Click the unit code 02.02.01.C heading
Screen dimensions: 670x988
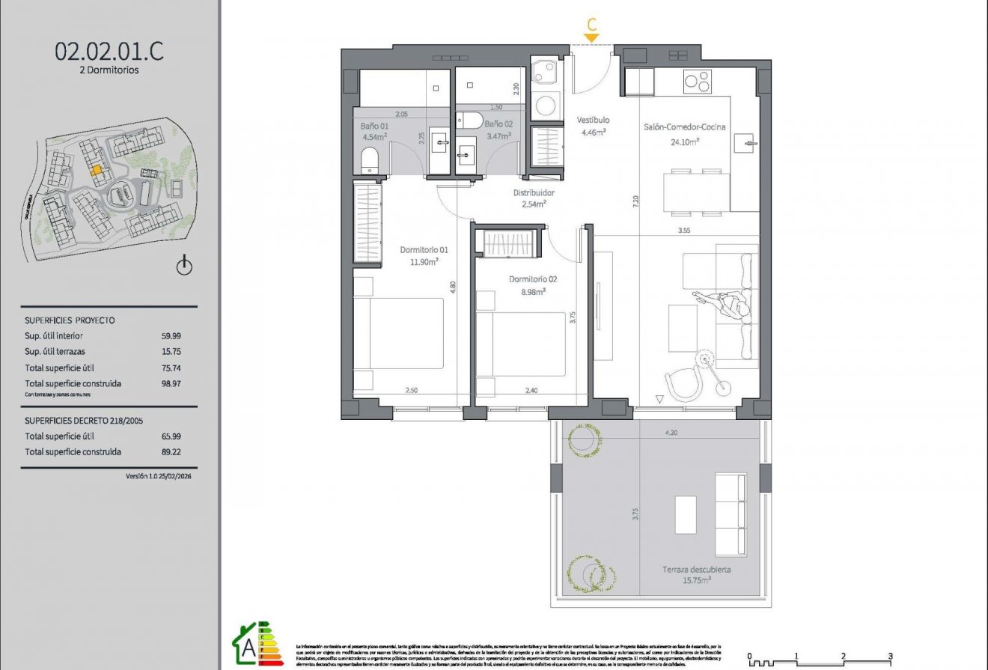[109, 51]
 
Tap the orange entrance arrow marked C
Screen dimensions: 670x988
[591, 37]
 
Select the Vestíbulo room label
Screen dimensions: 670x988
[593, 120]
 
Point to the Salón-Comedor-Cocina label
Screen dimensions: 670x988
[684, 127]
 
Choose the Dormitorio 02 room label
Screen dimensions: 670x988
[532, 279]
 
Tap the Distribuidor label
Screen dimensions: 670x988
[533, 192]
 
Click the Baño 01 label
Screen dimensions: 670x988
[375, 127]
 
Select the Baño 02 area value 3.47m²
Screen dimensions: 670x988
[498, 136]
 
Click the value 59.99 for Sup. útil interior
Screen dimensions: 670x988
[171, 336]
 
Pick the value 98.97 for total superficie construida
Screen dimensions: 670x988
[171, 383]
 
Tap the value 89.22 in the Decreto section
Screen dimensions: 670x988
[171, 451]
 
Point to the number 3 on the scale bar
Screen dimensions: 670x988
[890, 656]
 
